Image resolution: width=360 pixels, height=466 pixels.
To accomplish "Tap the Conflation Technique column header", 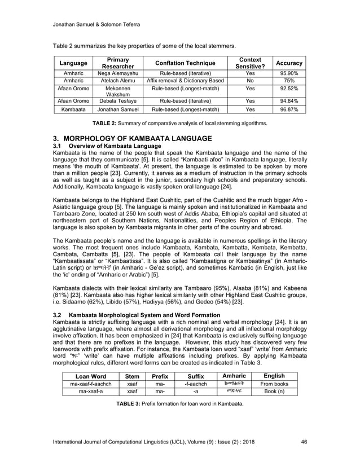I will pos(185,63).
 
